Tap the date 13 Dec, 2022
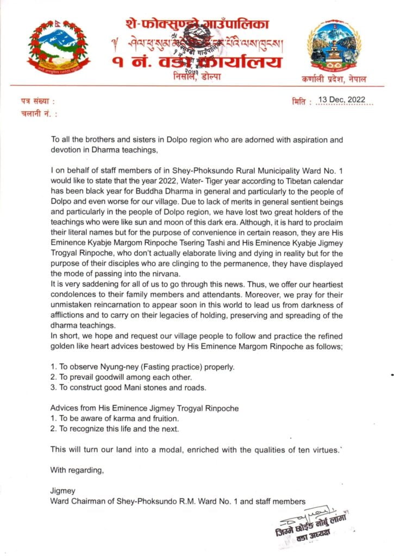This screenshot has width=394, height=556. [343, 100]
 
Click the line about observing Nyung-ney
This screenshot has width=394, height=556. [142, 367]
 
